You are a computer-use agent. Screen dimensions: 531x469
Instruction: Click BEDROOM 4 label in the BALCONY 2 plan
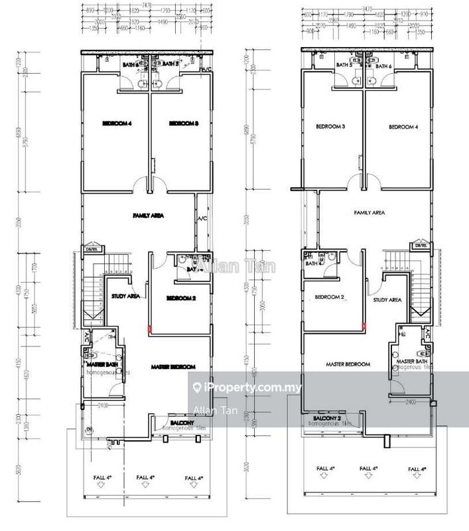coord(401,127)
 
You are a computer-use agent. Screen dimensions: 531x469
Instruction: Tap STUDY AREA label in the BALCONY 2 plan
coord(388,300)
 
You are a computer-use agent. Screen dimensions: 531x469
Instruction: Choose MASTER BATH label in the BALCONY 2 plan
coord(411,360)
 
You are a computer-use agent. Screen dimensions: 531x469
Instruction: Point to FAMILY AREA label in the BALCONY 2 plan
coord(369,213)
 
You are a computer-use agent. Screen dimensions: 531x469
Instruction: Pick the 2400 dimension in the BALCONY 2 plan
coord(412,402)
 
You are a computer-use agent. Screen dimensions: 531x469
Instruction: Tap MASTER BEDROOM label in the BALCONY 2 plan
coord(348,364)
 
